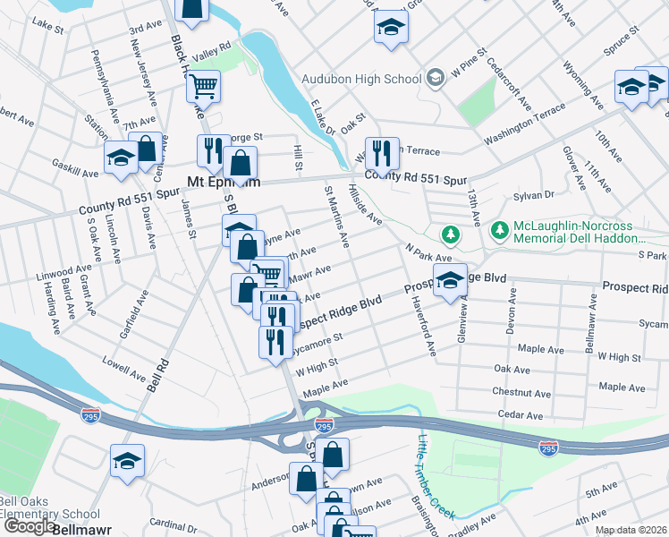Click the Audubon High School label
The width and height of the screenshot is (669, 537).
coord(360,78)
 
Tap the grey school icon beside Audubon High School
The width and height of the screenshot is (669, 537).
coord(436,78)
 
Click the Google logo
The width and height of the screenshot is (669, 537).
coord(29,526)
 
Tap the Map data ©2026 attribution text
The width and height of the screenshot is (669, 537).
coord(631,530)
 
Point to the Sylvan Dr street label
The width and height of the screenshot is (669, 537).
coord(534,195)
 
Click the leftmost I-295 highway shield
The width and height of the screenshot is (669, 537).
coord(90,416)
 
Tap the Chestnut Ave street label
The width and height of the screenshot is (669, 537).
coord(521,392)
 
